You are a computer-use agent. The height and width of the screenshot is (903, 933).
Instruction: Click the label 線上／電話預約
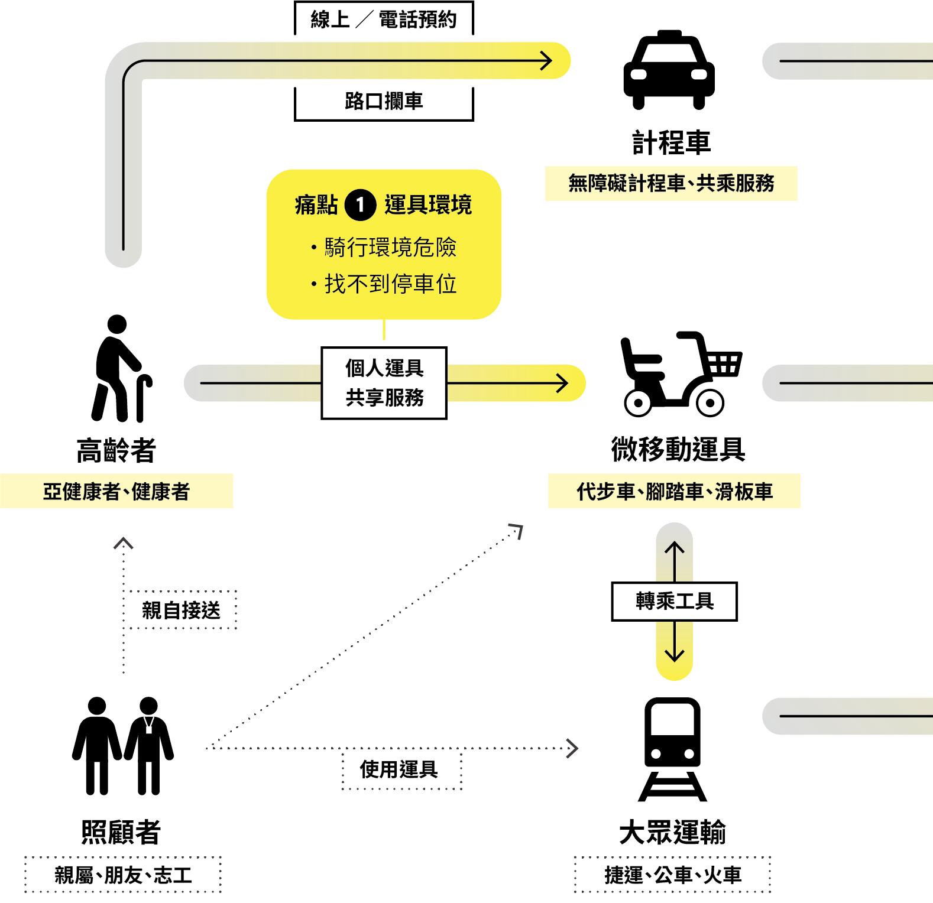point(384,20)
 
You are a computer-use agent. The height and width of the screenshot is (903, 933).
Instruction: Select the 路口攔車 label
point(384,102)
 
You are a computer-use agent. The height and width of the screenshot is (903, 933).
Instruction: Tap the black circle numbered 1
point(360,206)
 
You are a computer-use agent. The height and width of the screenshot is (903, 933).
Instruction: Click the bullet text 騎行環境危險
point(390,248)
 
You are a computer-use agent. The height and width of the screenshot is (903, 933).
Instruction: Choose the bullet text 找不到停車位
point(390,284)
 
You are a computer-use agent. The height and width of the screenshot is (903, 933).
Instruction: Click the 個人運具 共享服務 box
point(384,383)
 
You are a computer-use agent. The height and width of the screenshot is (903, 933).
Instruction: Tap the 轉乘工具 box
point(674,602)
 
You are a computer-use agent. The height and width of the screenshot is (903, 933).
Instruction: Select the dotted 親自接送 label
point(181,610)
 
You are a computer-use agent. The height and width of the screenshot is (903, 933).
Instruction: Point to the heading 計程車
point(671,143)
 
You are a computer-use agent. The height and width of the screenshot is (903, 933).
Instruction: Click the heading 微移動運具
point(678,450)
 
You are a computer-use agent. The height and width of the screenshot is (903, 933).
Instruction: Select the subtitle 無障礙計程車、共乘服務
point(671,184)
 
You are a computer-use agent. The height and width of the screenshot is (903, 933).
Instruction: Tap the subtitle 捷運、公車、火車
point(673,875)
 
